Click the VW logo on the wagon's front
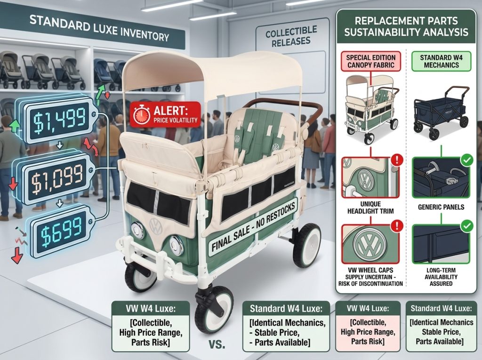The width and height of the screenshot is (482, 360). [156, 226]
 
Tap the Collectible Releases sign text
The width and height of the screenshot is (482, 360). [291, 36]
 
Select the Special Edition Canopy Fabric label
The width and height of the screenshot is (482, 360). [371, 61]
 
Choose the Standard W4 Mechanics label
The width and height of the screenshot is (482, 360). [441, 61]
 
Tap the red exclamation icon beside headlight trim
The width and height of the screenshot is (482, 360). [397, 160]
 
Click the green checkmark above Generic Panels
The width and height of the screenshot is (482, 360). [467, 160]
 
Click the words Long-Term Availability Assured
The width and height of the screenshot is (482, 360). [441, 277]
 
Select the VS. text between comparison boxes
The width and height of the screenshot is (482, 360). [217, 344]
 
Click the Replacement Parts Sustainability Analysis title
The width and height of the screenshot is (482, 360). [406, 26]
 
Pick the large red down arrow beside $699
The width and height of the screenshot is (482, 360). [17, 255]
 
